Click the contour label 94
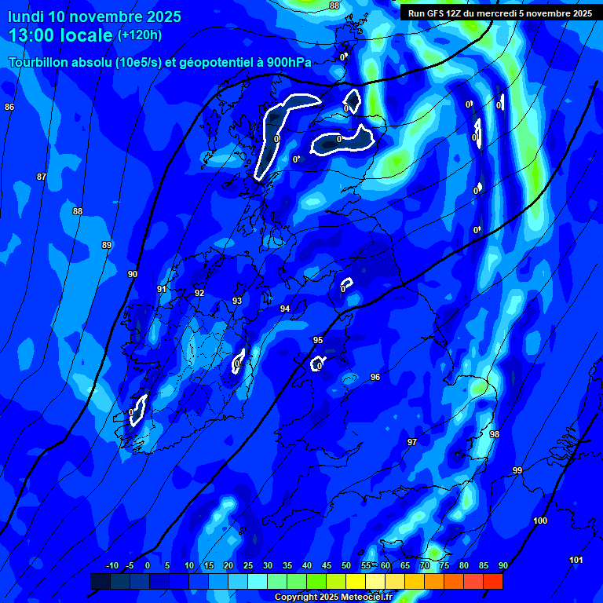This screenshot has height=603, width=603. click(x=285, y=309)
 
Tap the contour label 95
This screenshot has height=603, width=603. click(x=318, y=340)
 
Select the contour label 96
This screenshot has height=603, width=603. click(x=375, y=378)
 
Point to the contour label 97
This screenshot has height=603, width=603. click(x=412, y=443)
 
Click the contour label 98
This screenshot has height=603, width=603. click(x=495, y=434)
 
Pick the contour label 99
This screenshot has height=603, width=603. click(x=517, y=470)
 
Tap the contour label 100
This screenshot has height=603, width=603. click(x=540, y=521)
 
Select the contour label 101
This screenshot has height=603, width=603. click(x=576, y=560)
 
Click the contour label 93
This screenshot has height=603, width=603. click(x=237, y=301)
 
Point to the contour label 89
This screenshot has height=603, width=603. click(x=107, y=246)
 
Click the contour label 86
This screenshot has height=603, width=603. click(x=9, y=107)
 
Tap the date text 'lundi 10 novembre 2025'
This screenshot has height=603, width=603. click(x=95, y=16)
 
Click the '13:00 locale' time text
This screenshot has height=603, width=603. click(x=60, y=35)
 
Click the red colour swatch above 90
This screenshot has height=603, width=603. click(x=492, y=581)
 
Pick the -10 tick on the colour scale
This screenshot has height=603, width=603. click(x=111, y=565)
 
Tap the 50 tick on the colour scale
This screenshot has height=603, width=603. click(x=345, y=565)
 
